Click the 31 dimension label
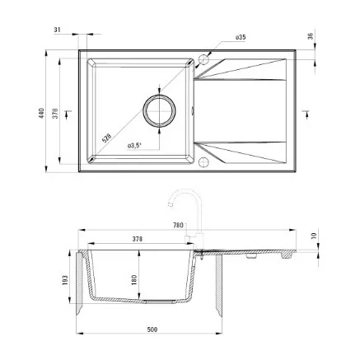[x=57, y=30]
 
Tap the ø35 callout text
[x=241, y=37]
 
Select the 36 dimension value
[x=310, y=36]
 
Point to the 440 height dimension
[x=41, y=113]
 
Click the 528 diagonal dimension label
[x=106, y=138]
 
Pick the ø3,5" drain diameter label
[x=134, y=146]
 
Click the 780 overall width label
[x=178, y=226]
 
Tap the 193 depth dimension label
[x=65, y=280]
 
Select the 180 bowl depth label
[x=134, y=280]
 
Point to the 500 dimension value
[x=152, y=330]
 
